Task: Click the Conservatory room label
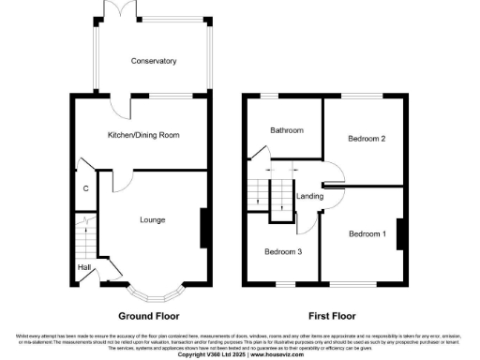click(154, 61)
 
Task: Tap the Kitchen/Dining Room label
click(143, 135)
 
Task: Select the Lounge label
click(153, 220)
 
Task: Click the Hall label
click(83, 267)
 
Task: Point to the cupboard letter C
click(85, 189)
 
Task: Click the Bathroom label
click(287, 130)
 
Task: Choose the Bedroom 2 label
click(367, 139)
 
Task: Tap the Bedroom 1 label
click(368, 232)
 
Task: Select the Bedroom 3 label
click(282, 251)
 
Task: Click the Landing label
click(309, 196)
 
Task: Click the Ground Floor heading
click(148, 316)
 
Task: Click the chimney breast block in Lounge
click(202, 228)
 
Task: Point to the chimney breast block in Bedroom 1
click(399, 233)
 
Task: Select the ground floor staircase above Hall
click(82, 235)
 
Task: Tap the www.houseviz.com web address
click(278, 354)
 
